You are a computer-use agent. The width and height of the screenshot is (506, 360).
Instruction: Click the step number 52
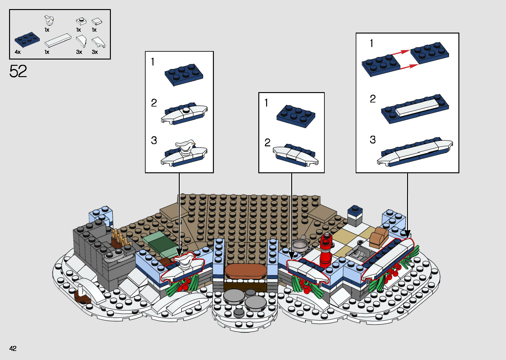pos(18,71)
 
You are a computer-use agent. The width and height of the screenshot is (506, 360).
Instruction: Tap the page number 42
pos(13,348)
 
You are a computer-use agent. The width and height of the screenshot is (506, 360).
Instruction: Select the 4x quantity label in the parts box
pos(18,52)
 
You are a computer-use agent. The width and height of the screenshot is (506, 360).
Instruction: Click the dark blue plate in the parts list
pos(27,40)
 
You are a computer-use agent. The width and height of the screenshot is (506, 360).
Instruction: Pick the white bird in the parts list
pos(49,20)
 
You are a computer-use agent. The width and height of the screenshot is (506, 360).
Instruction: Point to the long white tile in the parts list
pos(58,40)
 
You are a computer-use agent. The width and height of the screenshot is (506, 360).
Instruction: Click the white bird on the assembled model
pos(184,260)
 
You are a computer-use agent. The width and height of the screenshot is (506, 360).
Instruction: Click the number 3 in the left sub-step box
pos(154,140)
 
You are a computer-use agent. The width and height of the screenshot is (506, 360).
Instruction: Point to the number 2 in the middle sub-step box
pos(267,143)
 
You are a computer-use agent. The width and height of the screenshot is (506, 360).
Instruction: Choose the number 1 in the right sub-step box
pos(372,43)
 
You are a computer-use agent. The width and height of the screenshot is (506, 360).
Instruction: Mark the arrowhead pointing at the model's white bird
pos(179,252)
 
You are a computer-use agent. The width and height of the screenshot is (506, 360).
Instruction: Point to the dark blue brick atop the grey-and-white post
pos(355,211)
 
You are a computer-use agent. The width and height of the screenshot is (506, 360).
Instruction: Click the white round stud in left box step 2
pos(186,110)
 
